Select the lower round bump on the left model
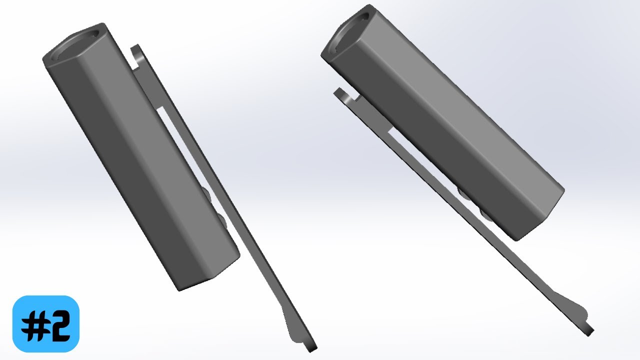pyautogui.click(x=222, y=220)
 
